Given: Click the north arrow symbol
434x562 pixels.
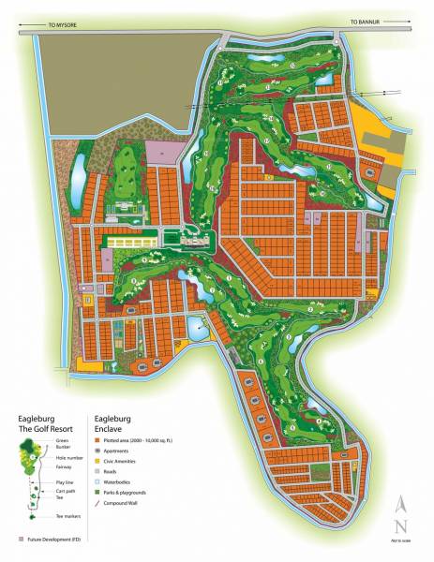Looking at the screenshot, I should tap(401, 507).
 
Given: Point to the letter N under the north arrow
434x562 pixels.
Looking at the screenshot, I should tap(401, 526).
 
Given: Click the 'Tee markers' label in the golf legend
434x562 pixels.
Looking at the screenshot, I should tap(68, 515).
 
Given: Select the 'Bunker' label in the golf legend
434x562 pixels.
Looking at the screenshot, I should tap(62, 446).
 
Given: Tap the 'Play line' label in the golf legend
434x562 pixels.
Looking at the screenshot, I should tap(65, 481).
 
